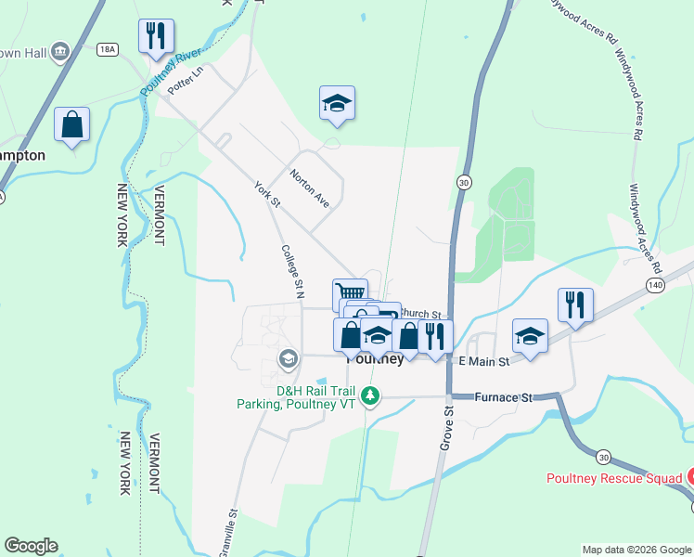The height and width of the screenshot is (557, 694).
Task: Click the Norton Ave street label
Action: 309,187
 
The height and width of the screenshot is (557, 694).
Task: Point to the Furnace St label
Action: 503,397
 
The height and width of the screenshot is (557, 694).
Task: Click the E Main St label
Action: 483,360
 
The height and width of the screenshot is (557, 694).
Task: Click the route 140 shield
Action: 656,284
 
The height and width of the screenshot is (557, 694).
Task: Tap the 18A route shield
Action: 109,49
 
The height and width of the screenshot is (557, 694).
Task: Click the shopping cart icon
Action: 348,292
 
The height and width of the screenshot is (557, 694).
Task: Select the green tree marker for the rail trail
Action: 370,396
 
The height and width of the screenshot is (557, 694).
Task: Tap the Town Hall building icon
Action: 61,50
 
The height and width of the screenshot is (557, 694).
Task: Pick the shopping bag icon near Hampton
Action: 71,124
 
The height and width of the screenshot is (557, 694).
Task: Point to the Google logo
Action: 31,546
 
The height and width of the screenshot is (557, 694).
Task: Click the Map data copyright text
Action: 636,550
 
